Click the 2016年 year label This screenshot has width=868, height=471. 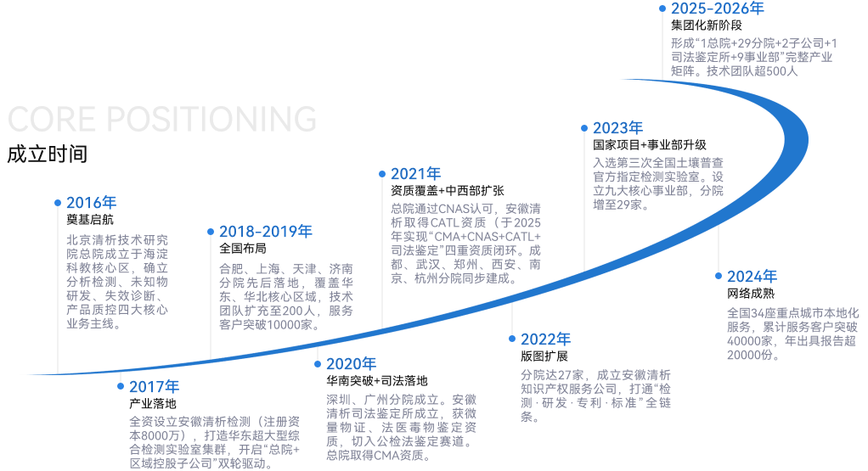click(x=92, y=203)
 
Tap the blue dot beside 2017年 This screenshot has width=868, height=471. click(x=121, y=386)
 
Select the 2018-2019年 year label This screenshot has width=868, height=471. click(x=266, y=232)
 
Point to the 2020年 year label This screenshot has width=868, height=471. click(x=351, y=364)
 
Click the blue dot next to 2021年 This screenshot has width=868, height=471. click(x=382, y=174)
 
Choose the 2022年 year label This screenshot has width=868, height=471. click(x=545, y=339)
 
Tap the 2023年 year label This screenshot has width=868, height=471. click(x=617, y=128)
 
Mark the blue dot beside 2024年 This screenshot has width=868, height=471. click(x=719, y=275)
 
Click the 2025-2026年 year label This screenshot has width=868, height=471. click(x=718, y=8)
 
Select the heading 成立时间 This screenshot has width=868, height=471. click(x=47, y=154)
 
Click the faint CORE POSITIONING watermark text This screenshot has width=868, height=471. click(x=162, y=119)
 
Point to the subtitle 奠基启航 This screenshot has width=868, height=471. click(x=90, y=220)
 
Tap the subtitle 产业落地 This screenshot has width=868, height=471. click(x=152, y=404)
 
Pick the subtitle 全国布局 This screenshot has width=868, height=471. click(x=242, y=249)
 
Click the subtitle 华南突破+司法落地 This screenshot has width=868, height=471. click(x=377, y=381)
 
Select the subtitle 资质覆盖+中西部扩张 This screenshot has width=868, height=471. click(x=448, y=191)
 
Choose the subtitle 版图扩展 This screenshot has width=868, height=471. click(x=544, y=356)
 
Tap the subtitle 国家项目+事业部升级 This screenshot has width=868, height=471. click(x=650, y=145)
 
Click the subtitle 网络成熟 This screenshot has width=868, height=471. click(x=751, y=294)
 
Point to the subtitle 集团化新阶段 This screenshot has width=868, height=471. click(x=707, y=25)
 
